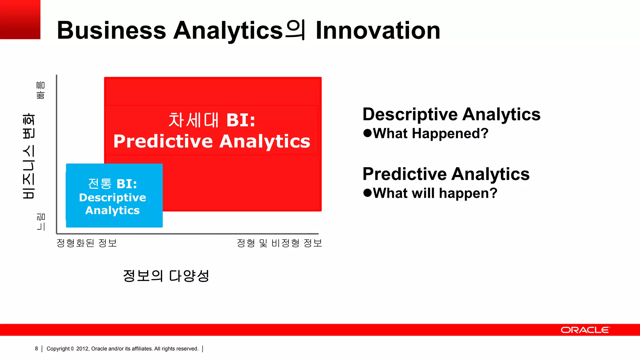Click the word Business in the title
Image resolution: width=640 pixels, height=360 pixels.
tap(111, 30)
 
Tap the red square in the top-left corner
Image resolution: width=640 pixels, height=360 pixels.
tap(20, 19)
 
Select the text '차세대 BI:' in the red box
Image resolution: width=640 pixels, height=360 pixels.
tap(212, 120)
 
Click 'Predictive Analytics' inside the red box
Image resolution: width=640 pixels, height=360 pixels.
tap(212, 141)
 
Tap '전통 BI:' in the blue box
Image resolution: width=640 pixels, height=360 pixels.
tap(112, 184)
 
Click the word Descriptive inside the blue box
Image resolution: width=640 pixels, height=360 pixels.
tap(112, 197)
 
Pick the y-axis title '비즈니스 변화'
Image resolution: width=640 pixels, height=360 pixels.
tap(29, 156)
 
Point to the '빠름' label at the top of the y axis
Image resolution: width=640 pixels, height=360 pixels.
tap(41, 90)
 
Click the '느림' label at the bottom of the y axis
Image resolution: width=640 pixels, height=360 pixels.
tap(41, 222)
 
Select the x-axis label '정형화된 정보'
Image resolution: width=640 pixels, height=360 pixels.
tap(87, 243)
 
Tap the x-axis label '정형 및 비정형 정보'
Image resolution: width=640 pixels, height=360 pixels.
tap(279, 243)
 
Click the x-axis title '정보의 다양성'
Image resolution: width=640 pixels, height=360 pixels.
tap(166, 276)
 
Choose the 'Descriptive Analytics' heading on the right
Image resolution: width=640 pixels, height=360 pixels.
tap(451, 114)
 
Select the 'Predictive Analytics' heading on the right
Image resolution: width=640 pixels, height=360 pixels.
tap(446, 174)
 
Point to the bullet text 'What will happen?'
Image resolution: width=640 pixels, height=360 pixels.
tap(435, 193)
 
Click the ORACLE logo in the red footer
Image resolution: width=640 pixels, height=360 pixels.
tap(585, 330)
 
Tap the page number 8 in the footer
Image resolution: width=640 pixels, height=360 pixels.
tap(37, 348)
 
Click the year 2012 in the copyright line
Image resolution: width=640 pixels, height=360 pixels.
tap(82, 349)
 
